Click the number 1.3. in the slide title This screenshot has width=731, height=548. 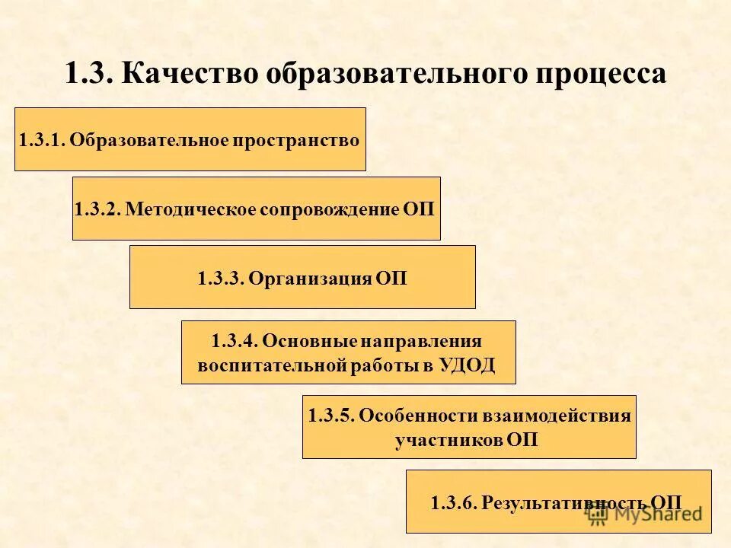tap(90, 74)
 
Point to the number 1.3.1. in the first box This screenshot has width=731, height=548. tap(42, 140)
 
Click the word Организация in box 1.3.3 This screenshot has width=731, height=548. tap(308, 279)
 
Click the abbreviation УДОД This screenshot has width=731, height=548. tap(467, 365)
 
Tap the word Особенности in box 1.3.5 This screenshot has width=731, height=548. tap(405, 416)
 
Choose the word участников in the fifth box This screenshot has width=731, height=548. tap(448, 440)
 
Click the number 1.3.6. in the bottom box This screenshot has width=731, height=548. tap(453, 502)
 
